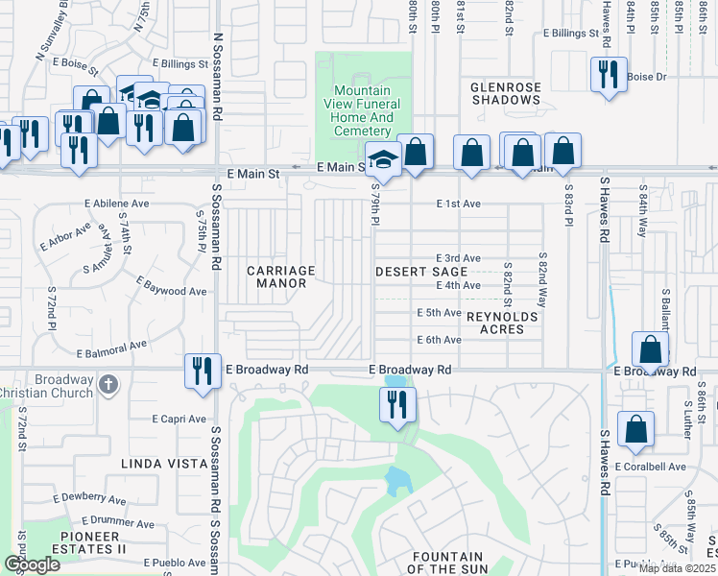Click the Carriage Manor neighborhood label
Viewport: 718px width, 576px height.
[281, 276]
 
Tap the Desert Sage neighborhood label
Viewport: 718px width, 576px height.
[414, 272]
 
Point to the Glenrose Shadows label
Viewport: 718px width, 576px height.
[506, 93]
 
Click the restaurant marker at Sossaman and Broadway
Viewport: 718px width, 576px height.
[202, 370]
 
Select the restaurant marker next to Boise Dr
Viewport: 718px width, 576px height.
[608, 74]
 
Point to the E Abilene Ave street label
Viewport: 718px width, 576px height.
[117, 204]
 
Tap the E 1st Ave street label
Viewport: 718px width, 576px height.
[457, 204]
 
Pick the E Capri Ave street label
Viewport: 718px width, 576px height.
[179, 419]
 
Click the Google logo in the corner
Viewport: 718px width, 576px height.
[32, 564]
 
